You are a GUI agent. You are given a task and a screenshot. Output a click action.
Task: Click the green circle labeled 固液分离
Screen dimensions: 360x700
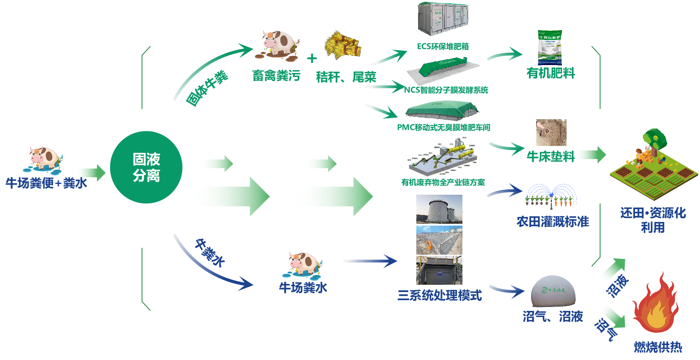click(x=146, y=167)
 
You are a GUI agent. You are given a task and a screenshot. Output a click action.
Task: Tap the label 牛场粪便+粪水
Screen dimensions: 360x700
click(x=46, y=183)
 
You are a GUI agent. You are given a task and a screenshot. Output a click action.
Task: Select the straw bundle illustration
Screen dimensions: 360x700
click(x=343, y=45)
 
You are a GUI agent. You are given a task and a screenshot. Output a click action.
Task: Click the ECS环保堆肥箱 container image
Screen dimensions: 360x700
click(x=443, y=19)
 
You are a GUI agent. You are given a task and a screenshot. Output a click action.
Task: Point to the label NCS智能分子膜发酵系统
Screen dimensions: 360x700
click(x=446, y=90)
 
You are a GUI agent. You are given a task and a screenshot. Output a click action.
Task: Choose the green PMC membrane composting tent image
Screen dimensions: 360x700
click(x=442, y=110)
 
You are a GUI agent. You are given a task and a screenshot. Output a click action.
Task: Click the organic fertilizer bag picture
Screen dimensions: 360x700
click(x=550, y=48)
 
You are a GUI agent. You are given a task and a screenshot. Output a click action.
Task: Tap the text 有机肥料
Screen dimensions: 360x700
click(x=551, y=73)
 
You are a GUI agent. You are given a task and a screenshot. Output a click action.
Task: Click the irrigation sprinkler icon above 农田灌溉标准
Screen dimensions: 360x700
click(x=551, y=197)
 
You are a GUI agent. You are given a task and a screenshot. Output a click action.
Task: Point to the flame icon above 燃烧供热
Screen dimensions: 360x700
click(x=655, y=304)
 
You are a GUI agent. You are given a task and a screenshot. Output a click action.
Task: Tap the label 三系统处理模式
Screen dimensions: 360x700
click(x=440, y=295)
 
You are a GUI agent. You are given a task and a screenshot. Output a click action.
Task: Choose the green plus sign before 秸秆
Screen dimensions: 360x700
click(x=312, y=58)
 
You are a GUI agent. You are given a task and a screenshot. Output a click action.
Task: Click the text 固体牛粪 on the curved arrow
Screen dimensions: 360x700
click(x=207, y=88)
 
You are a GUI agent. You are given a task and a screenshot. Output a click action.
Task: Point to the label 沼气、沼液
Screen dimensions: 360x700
click(x=553, y=317)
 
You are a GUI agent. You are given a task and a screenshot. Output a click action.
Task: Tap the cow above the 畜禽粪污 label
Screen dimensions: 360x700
click(x=278, y=45)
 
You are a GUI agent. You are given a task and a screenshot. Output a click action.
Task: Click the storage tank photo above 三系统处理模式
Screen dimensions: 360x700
click(x=439, y=209)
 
